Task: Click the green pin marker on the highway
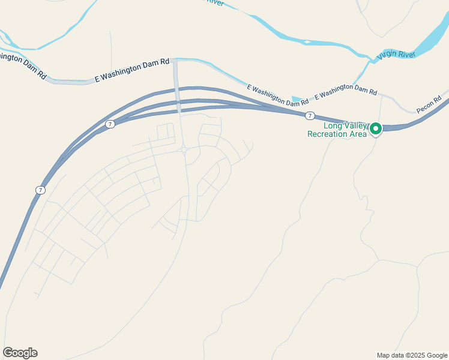pyautogui.click(x=376, y=128)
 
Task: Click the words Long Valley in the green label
pyautogui.click(x=345, y=125)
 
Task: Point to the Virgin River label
pyautogui.click(x=396, y=55)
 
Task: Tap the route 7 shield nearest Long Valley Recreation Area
pyautogui.click(x=309, y=115)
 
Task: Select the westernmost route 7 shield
pyautogui.click(x=40, y=190)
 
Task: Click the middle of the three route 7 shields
pyautogui.click(x=110, y=124)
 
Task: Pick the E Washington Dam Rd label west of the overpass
pyautogui.click(x=132, y=70)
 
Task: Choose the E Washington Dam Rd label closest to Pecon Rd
pyautogui.click(x=346, y=91)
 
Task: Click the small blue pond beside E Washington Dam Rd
pyautogui.click(x=297, y=99)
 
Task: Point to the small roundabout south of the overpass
pyautogui.click(x=183, y=149)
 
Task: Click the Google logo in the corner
pyautogui.click(x=20, y=352)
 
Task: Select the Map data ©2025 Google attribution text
pyautogui.click(x=412, y=355)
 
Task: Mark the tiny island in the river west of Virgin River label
pyautogui.click(x=307, y=42)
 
